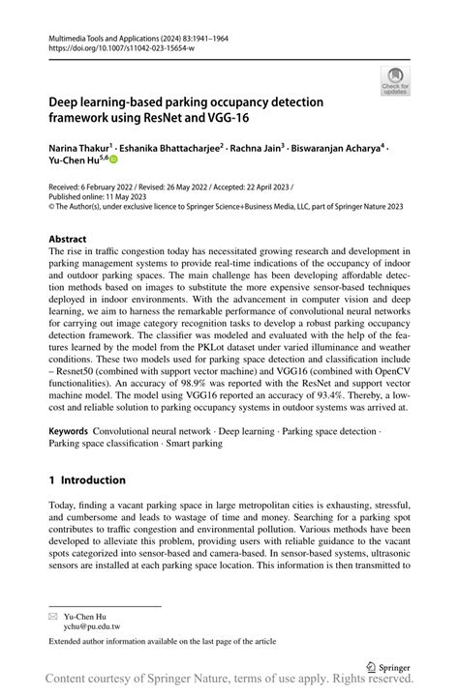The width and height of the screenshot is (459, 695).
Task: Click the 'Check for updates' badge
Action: (x=395, y=80)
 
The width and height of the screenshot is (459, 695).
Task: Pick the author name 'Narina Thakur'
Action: (x=81, y=148)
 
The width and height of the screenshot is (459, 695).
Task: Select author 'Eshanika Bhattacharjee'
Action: (x=170, y=148)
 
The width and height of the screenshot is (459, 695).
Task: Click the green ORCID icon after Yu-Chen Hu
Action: (x=111, y=161)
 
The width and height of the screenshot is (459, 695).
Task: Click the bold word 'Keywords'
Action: (x=70, y=430)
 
